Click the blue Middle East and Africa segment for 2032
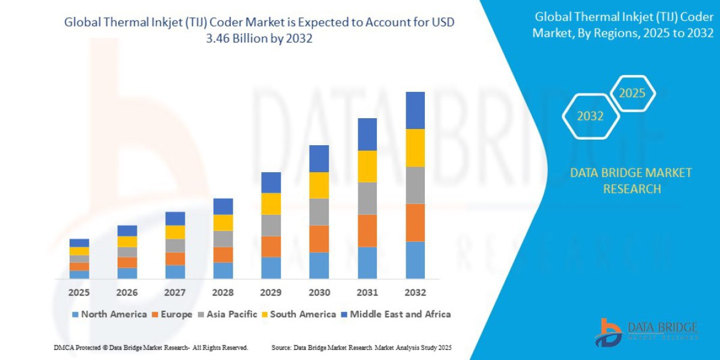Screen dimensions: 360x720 pyautogui.click(x=415, y=110)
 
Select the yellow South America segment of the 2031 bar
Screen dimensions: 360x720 pyautogui.click(x=367, y=166)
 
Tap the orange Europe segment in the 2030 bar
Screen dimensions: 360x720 pyautogui.click(x=319, y=239)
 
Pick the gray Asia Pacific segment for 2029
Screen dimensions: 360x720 pyautogui.click(x=271, y=226)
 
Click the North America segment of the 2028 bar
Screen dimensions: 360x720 pyautogui.click(x=223, y=271)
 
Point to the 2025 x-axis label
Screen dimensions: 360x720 pyautogui.click(x=79, y=293)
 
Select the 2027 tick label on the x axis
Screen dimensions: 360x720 pyautogui.click(x=175, y=293)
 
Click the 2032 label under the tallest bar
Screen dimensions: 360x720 pyautogui.click(x=415, y=293)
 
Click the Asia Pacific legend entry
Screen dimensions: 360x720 pyautogui.click(x=230, y=314)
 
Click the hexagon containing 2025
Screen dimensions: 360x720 pyautogui.click(x=632, y=94)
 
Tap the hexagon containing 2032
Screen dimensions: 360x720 pyautogui.click(x=590, y=116)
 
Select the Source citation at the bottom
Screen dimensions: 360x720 pyautogui.click(x=361, y=348)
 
